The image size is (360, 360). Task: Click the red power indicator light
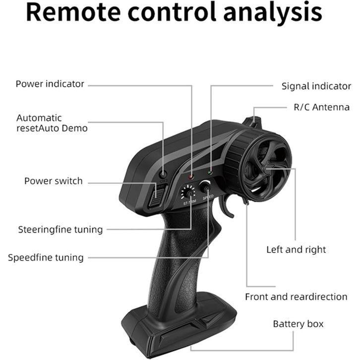pos(191,177)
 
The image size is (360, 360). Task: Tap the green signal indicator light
pos(210,173)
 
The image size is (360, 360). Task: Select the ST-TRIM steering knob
pos(188,191)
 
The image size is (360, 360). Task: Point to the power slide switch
pos(155,196)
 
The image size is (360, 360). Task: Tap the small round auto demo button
pos(163,174)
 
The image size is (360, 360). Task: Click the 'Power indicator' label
pos(50,84)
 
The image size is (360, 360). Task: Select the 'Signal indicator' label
pos(316,86)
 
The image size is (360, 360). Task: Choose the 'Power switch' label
pos(54,181)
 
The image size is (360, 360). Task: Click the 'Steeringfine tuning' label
pos(60,230)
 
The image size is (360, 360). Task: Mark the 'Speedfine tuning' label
pos(46,257)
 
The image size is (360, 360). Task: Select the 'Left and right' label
pos(296,249)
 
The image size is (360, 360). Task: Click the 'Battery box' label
pos(298,324)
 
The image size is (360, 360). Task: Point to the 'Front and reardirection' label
pos(296,297)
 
